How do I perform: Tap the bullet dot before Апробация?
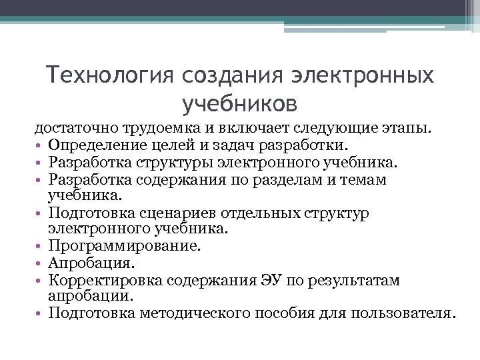point(40,263)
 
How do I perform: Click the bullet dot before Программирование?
point(40,247)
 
